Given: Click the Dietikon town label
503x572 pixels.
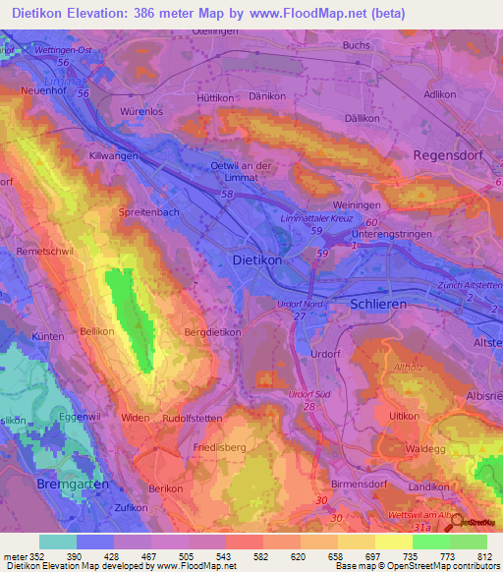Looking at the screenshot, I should (x=255, y=262).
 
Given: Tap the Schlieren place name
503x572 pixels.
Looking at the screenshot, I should (x=377, y=306).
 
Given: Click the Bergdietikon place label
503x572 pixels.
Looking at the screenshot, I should (x=212, y=333).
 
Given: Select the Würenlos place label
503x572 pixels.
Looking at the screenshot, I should (x=139, y=111).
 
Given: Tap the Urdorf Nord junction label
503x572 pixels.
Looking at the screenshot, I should (x=298, y=304).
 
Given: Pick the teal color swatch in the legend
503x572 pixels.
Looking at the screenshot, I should (x=58, y=542).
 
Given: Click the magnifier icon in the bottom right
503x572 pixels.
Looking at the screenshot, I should (x=453, y=522).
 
